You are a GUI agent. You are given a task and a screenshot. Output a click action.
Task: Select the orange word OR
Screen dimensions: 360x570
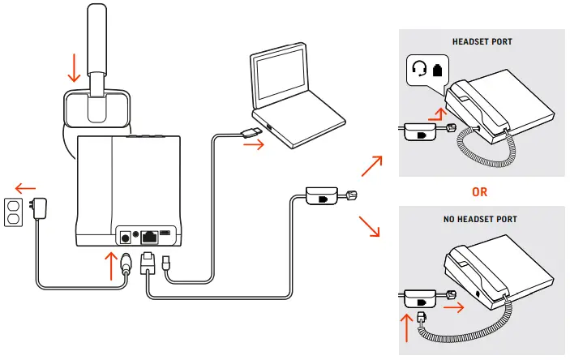tap(481, 193)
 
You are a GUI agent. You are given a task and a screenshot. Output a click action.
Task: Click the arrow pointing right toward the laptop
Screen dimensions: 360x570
tap(254, 146)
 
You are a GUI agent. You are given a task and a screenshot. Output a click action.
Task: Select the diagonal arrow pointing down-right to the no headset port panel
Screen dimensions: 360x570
tap(369, 226)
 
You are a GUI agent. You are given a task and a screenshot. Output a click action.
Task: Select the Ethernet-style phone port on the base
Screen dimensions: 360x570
tap(151, 236)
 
